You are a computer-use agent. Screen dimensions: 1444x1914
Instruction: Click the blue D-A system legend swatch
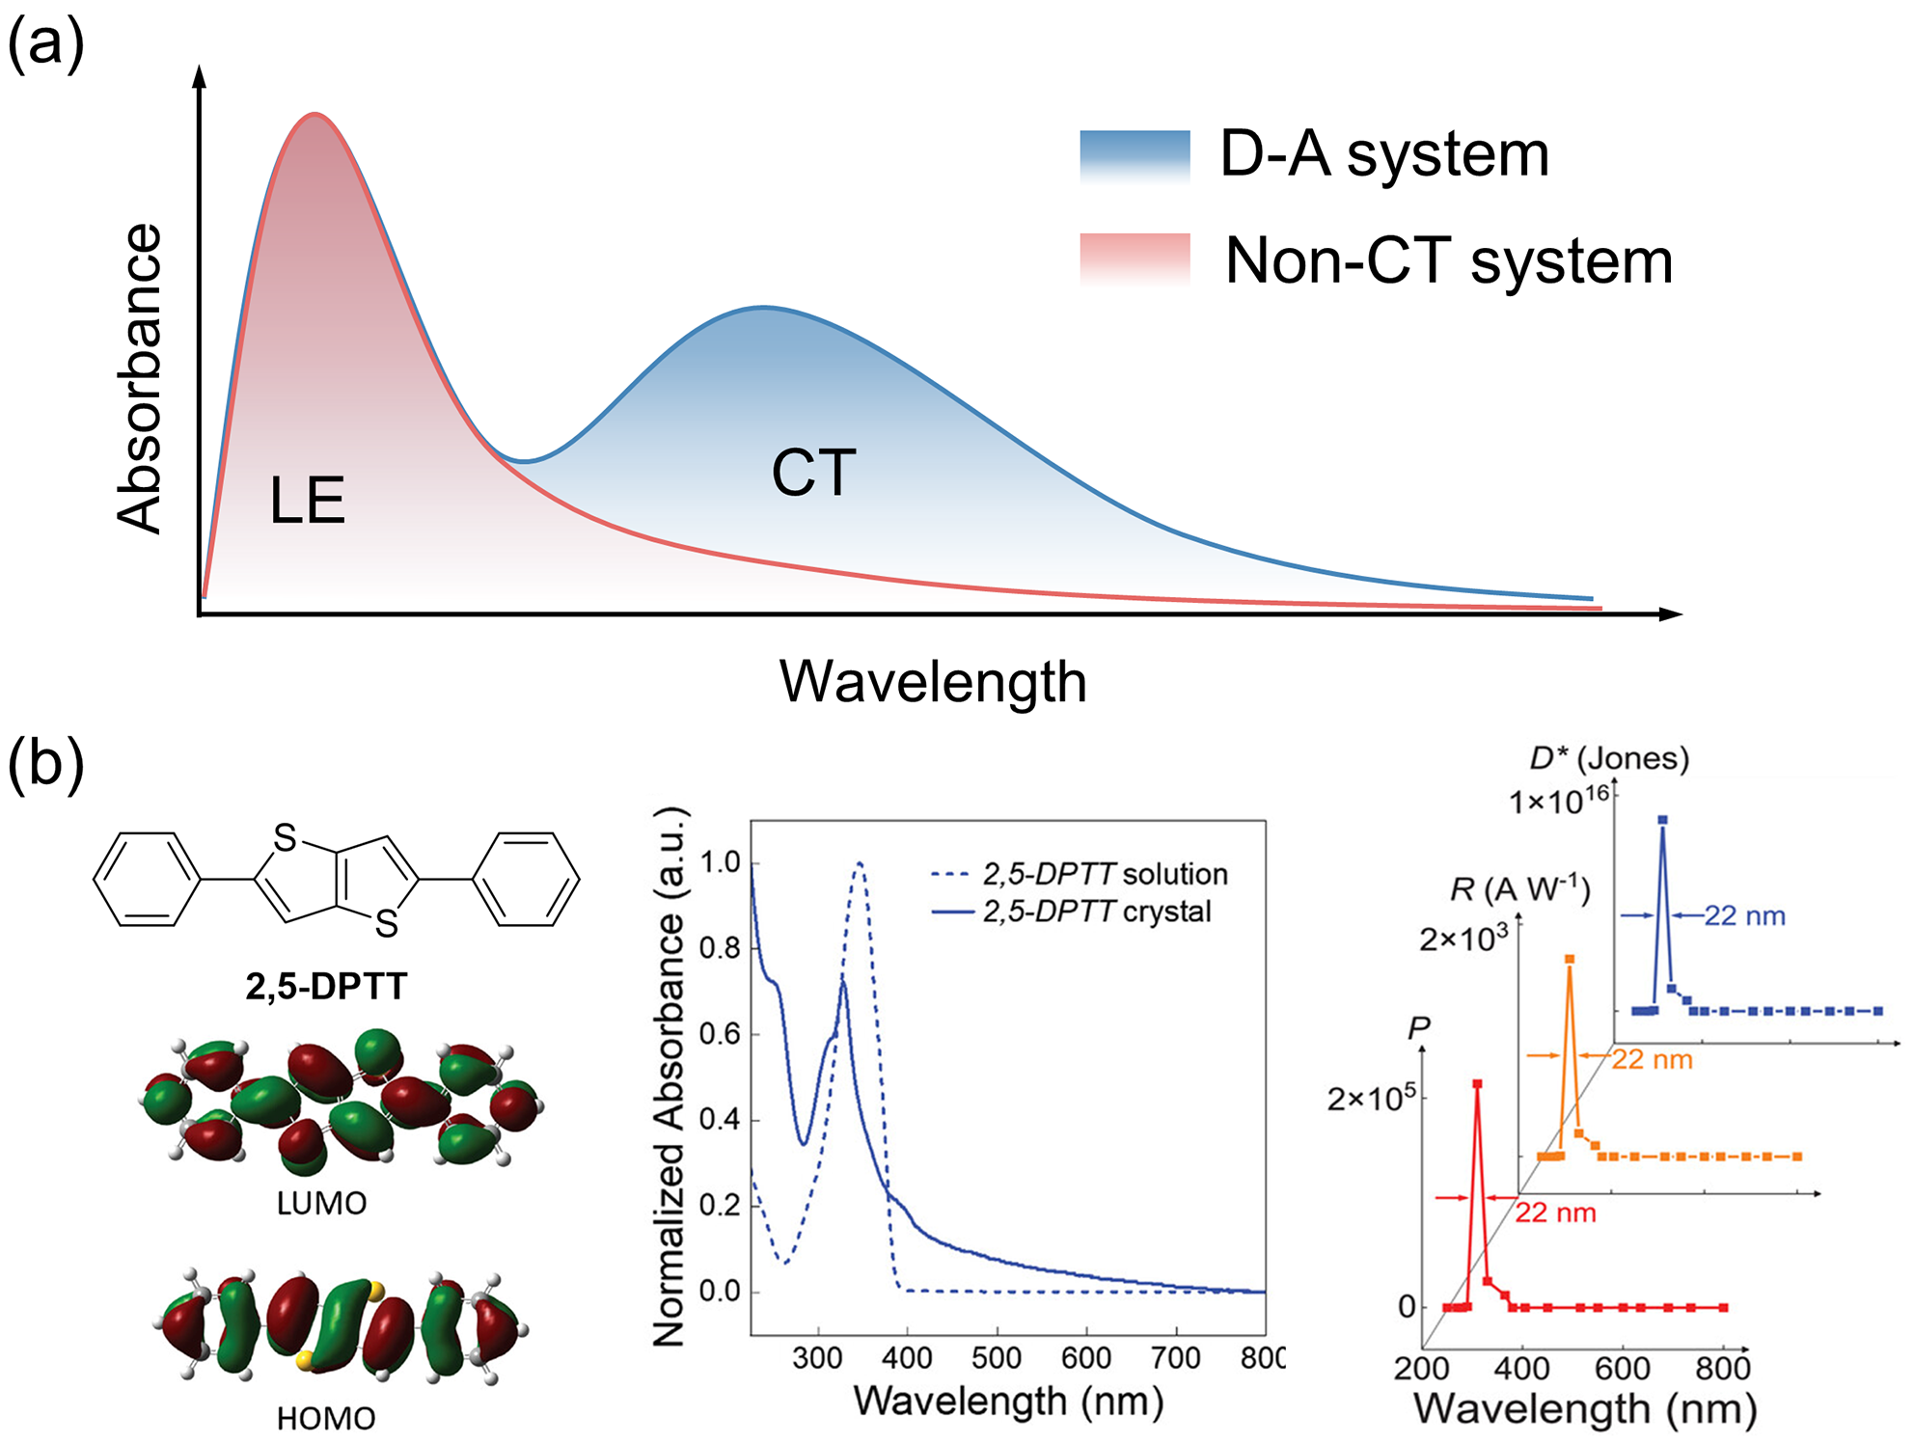click(1135, 156)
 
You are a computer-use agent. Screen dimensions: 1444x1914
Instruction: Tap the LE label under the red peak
click(307, 501)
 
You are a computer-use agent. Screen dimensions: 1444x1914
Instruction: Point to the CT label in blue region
click(813, 474)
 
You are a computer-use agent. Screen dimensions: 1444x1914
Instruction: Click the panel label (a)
click(45, 44)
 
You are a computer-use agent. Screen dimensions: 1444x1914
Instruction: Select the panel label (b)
click(45, 764)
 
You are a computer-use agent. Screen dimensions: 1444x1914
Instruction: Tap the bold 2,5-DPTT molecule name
click(326, 987)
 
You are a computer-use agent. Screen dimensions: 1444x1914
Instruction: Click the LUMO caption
click(321, 1204)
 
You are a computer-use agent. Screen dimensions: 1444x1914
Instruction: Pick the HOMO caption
click(326, 1419)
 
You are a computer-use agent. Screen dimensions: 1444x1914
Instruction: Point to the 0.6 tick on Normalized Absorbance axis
click(719, 1034)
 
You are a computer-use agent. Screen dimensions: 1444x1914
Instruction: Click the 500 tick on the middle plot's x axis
click(997, 1358)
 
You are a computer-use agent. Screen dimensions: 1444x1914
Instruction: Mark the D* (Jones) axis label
click(1609, 758)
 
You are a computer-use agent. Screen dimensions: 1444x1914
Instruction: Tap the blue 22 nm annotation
click(1744, 916)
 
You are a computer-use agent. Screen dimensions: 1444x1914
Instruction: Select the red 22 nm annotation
click(1555, 1212)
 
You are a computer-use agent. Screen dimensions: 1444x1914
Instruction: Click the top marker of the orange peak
click(1570, 959)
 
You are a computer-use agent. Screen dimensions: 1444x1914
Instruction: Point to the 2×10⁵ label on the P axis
click(1371, 1099)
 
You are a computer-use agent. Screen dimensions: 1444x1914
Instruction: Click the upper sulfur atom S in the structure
click(285, 837)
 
